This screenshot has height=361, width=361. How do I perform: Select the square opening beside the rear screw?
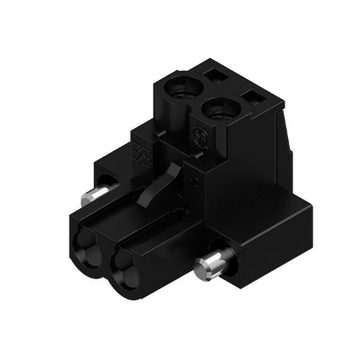point(217,77)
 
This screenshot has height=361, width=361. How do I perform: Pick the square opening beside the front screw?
point(253,98)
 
